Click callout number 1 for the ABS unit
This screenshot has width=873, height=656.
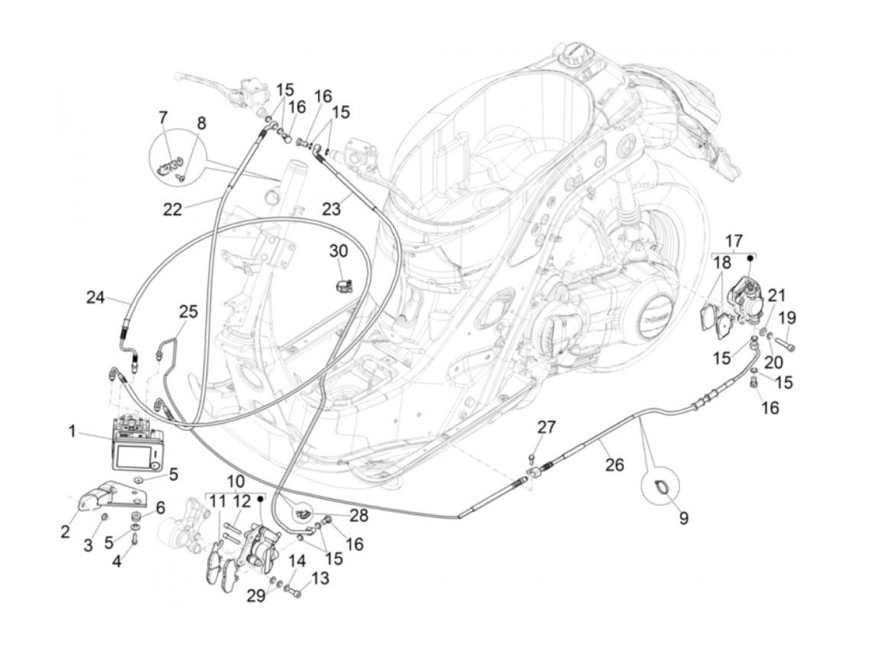72,430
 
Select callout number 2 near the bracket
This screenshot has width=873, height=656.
65,531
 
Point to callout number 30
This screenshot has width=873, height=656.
339,251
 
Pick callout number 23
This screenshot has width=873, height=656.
332,208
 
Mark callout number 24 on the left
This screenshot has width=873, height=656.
95,297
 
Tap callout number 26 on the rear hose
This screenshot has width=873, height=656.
614,465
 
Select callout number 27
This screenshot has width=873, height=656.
546,427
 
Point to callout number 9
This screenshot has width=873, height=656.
683,518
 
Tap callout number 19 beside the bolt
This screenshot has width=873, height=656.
788,317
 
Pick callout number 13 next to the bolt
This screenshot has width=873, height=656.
319,579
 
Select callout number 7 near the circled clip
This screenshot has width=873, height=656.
163,117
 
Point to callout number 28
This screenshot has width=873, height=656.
359,516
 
